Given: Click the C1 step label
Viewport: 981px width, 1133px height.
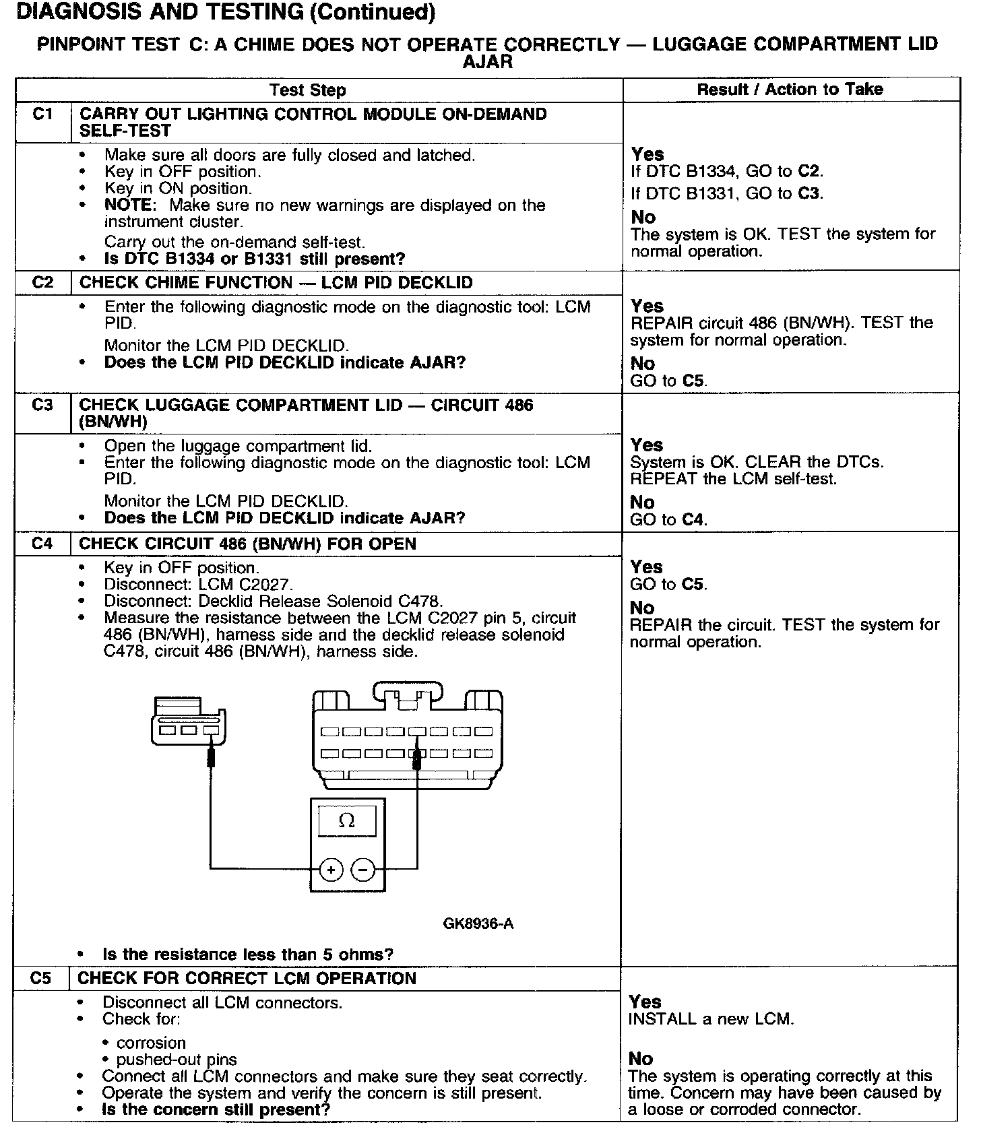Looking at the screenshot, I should (42, 115).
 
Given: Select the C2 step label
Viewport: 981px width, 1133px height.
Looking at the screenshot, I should (42, 282).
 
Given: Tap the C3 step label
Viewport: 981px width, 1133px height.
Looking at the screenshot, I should (42, 406).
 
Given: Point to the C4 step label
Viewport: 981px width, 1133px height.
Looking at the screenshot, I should (42, 544).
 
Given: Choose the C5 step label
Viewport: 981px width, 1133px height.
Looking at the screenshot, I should (40, 978).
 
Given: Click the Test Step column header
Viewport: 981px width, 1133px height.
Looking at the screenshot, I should (307, 90).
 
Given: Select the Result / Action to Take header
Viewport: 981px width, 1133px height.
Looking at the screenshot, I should (790, 89).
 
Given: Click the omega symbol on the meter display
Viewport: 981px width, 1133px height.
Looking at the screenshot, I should (346, 820).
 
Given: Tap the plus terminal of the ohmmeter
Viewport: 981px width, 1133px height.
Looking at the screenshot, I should (330, 870).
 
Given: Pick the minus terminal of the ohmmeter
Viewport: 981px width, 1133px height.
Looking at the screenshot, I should (363, 870).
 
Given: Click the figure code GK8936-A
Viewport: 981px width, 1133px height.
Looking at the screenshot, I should (478, 924).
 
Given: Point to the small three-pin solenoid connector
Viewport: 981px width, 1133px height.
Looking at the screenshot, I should (188, 721).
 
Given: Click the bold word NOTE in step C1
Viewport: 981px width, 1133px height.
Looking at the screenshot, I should (130, 205).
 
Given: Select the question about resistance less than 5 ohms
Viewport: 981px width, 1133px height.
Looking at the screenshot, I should (248, 954).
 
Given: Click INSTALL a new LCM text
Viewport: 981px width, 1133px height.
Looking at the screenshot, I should (711, 1019).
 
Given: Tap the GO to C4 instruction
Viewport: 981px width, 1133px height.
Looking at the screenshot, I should (668, 519).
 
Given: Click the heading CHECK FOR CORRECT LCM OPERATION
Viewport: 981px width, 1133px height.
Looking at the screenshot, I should (247, 978).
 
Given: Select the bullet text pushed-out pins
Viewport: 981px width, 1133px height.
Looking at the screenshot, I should (177, 1060).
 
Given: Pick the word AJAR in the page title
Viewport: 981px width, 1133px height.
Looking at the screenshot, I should (488, 61).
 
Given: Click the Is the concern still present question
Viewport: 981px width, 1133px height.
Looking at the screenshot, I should (216, 1109).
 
